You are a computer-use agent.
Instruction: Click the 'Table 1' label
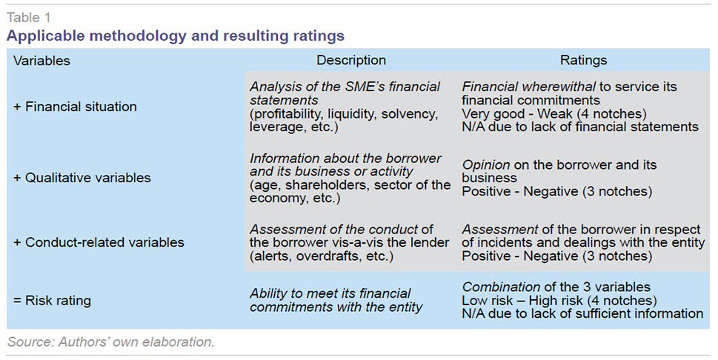tap(28, 17)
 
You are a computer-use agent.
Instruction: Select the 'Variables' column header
tap(41, 61)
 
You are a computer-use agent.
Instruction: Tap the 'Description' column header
tap(351, 60)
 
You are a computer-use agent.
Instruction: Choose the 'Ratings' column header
tap(583, 60)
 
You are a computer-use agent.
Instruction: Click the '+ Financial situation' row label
tap(75, 107)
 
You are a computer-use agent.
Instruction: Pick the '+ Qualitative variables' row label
tap(82, 178)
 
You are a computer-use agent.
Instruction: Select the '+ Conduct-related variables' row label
tap(99, 242)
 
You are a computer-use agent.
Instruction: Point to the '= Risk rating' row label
tap(52, 301)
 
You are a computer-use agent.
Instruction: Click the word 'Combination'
tap(501, 287)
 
